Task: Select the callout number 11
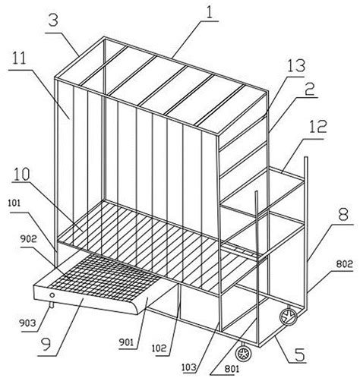pos(20,58)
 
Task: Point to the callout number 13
pos(295,66)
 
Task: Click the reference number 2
pos(309,89)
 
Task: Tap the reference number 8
pos(343,215)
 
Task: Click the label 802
pos(344,264)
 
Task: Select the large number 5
pos(300,354)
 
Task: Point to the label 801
pos(232,369)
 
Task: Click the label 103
pos(189,367)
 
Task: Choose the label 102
pos(159,348)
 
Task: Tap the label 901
pos(126,342)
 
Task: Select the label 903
pos(28,323)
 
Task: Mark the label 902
pos(28,239)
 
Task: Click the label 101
pos(14,203)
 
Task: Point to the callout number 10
pos(21,175)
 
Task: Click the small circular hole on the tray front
pos(52,295)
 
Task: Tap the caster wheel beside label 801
pos(244,354)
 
